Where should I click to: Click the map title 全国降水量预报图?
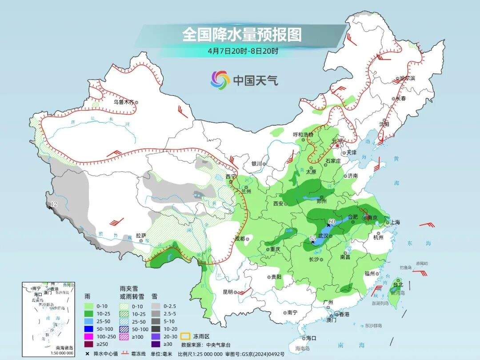point(242,35)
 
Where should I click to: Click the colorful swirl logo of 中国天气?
point(220,80)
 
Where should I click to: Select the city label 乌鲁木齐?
point(123,102)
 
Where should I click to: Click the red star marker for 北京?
point(337,145)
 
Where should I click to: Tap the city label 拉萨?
point(141,236)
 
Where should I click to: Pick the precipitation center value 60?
point(332,221)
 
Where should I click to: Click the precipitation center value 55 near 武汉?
point(313,239)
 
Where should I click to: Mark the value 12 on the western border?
point(54,204)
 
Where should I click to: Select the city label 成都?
point(240,239)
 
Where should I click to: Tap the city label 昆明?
point(228,292)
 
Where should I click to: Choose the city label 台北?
point(398,284)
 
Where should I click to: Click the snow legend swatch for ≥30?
point(156,343)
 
